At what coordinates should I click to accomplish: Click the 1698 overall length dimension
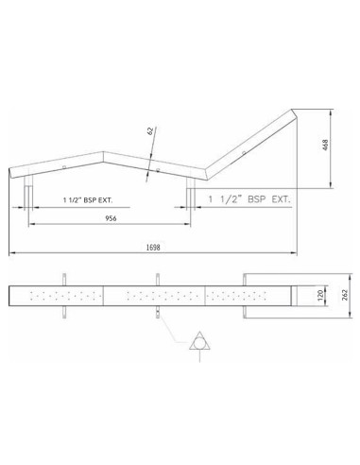[x=153, y=248]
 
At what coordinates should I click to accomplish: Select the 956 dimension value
[x=111, y=218]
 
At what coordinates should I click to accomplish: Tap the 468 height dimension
[x=326, y=145]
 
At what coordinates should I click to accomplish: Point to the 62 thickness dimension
[x=150, y=131]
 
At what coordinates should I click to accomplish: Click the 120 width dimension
[x=320, y=296]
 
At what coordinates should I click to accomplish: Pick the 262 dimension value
[x=345, y=296]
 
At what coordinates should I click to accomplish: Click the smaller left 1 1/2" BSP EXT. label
[x=88, y=200]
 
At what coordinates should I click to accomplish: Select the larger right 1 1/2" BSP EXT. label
[x=249, y=199]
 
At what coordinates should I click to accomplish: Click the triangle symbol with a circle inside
[x=199, y=341]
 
